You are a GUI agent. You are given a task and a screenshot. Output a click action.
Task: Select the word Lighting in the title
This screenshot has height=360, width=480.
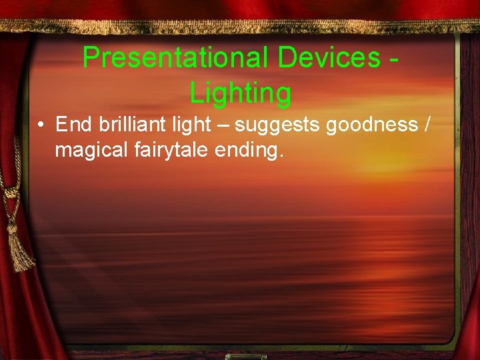pos(240,93)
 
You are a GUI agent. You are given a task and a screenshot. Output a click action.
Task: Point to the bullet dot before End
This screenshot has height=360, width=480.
pos(41,125)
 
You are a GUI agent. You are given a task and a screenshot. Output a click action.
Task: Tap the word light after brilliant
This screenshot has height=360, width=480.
pos(189,125)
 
